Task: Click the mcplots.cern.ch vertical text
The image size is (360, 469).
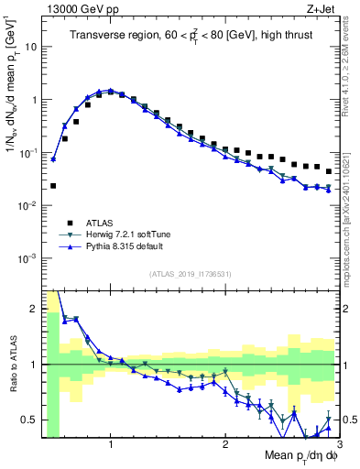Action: pos(352,229)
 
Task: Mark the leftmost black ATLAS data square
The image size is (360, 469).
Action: pos(53,185)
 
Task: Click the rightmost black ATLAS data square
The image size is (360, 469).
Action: pos(329,171)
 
